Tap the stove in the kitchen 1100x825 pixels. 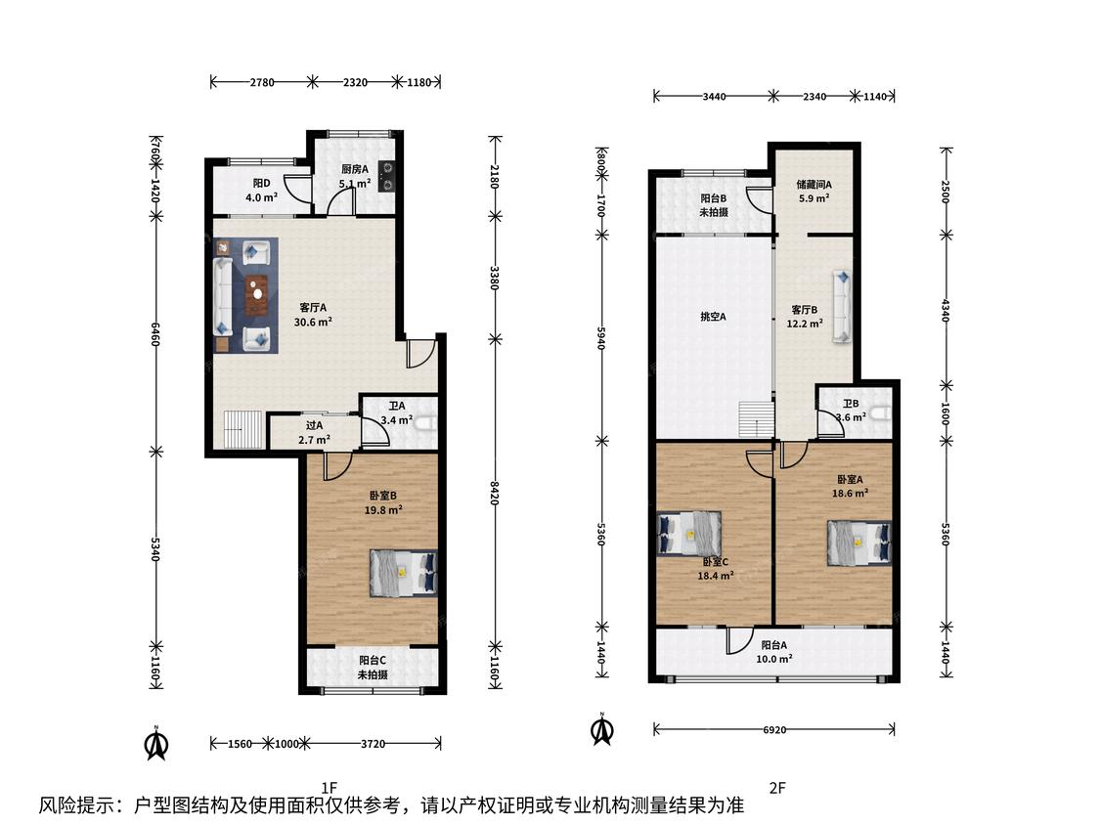(386, 176)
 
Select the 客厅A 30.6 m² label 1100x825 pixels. (313, 315)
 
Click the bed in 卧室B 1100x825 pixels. (404, 573)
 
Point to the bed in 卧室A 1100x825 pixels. (859, 543)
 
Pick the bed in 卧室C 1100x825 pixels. (690, 533)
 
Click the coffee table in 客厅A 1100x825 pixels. (257, 295)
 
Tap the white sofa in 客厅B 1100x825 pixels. (842, 307)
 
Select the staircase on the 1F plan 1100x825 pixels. (243, 429)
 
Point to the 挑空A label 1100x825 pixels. (713, 317)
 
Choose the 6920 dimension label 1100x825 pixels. (774, 729)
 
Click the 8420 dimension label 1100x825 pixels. (495, 493)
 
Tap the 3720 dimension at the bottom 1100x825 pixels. (373, 744)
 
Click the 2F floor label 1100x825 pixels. (776, 788)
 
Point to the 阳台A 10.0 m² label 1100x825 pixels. (774, 652)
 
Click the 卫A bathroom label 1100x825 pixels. (397, 413)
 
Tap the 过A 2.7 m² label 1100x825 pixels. (314, 433)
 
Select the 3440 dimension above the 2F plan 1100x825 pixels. (714, 97)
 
